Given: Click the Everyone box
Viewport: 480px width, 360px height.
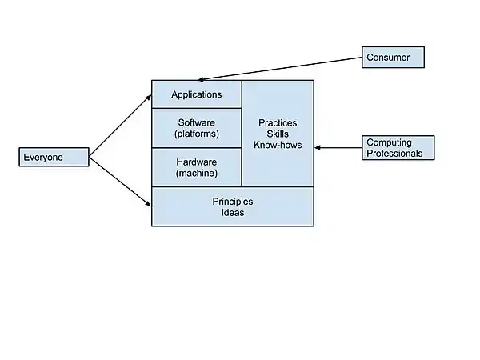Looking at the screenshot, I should [x=53, y=157].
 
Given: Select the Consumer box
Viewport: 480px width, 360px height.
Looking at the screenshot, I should [x=393, y=57].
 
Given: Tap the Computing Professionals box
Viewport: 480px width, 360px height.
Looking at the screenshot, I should [x=398, y=147].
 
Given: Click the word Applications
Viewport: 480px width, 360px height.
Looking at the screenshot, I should [x=196, y=94].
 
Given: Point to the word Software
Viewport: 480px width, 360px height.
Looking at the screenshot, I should [x=197, y=122].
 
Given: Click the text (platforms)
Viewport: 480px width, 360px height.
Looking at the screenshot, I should [x=197, y=134].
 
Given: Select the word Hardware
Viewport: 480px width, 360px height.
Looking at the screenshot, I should [x=197, y=162].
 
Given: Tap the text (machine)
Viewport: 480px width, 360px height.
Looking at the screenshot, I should [x=197, y=173].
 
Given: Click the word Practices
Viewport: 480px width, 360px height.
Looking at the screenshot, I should [x=278, y=122].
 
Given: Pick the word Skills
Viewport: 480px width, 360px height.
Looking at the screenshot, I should [x=278, y=134].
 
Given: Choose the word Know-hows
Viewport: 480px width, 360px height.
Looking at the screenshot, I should [x=278, y=145].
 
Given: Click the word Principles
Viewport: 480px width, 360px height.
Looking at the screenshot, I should [x=233, y=201].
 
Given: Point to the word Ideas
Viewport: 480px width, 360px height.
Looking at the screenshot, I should [x=233, y=213].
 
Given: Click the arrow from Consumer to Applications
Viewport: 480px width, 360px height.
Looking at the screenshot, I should [x=280, y=68].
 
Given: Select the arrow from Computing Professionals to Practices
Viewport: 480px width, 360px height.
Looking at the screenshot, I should [x=339, y=147].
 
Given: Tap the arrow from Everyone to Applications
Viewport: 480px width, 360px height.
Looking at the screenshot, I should [x=120, y=126].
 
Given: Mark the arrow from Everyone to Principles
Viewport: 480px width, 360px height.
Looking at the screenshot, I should [x=120, y=182].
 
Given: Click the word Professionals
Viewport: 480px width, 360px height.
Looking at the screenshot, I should [x=394, y=153].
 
